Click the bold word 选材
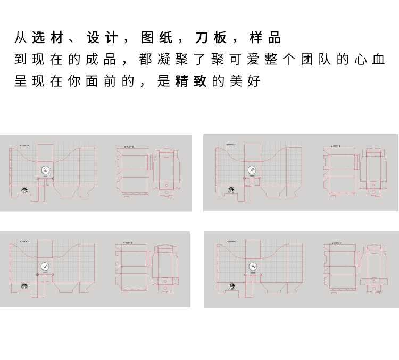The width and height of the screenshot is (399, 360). tap(48, 38)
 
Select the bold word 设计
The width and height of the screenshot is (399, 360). tap(102, 38)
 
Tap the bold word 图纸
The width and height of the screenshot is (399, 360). tap(156, 38)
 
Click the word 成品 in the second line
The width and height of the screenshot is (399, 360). tap(102, 59)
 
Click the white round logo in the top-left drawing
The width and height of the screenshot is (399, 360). tap(45, 170)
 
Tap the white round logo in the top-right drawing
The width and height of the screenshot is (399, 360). tap(252, 170)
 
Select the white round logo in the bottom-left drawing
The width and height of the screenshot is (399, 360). tap(45, 266)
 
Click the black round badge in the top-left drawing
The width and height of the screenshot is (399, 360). tap(24, 190)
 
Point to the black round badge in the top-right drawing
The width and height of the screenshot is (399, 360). tap(231, 190)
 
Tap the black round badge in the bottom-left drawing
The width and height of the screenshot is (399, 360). tap(24, 287)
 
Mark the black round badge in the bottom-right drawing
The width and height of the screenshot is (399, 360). tap(232, 287)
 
